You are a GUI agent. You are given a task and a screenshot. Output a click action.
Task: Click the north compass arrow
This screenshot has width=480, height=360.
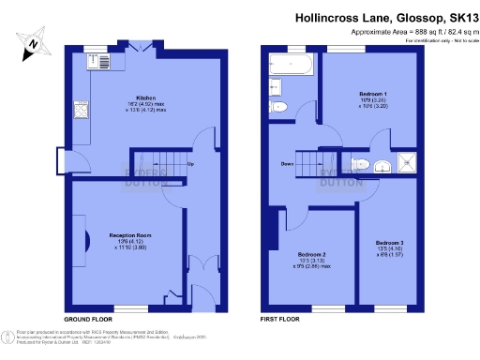[31, 41]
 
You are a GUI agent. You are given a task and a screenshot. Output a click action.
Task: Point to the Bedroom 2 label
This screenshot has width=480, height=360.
[312, 255]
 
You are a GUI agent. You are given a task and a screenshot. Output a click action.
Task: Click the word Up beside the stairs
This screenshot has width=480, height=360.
[191, 166]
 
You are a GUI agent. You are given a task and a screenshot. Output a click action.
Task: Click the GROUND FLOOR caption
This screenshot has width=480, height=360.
[84, 320]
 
